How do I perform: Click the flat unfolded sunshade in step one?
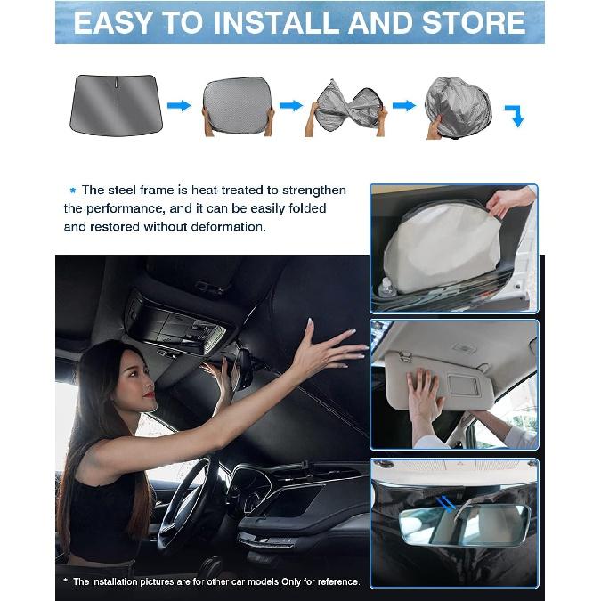coord(113,105)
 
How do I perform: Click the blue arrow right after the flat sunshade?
coord(179,106)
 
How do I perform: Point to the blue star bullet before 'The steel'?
coord(72,191)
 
